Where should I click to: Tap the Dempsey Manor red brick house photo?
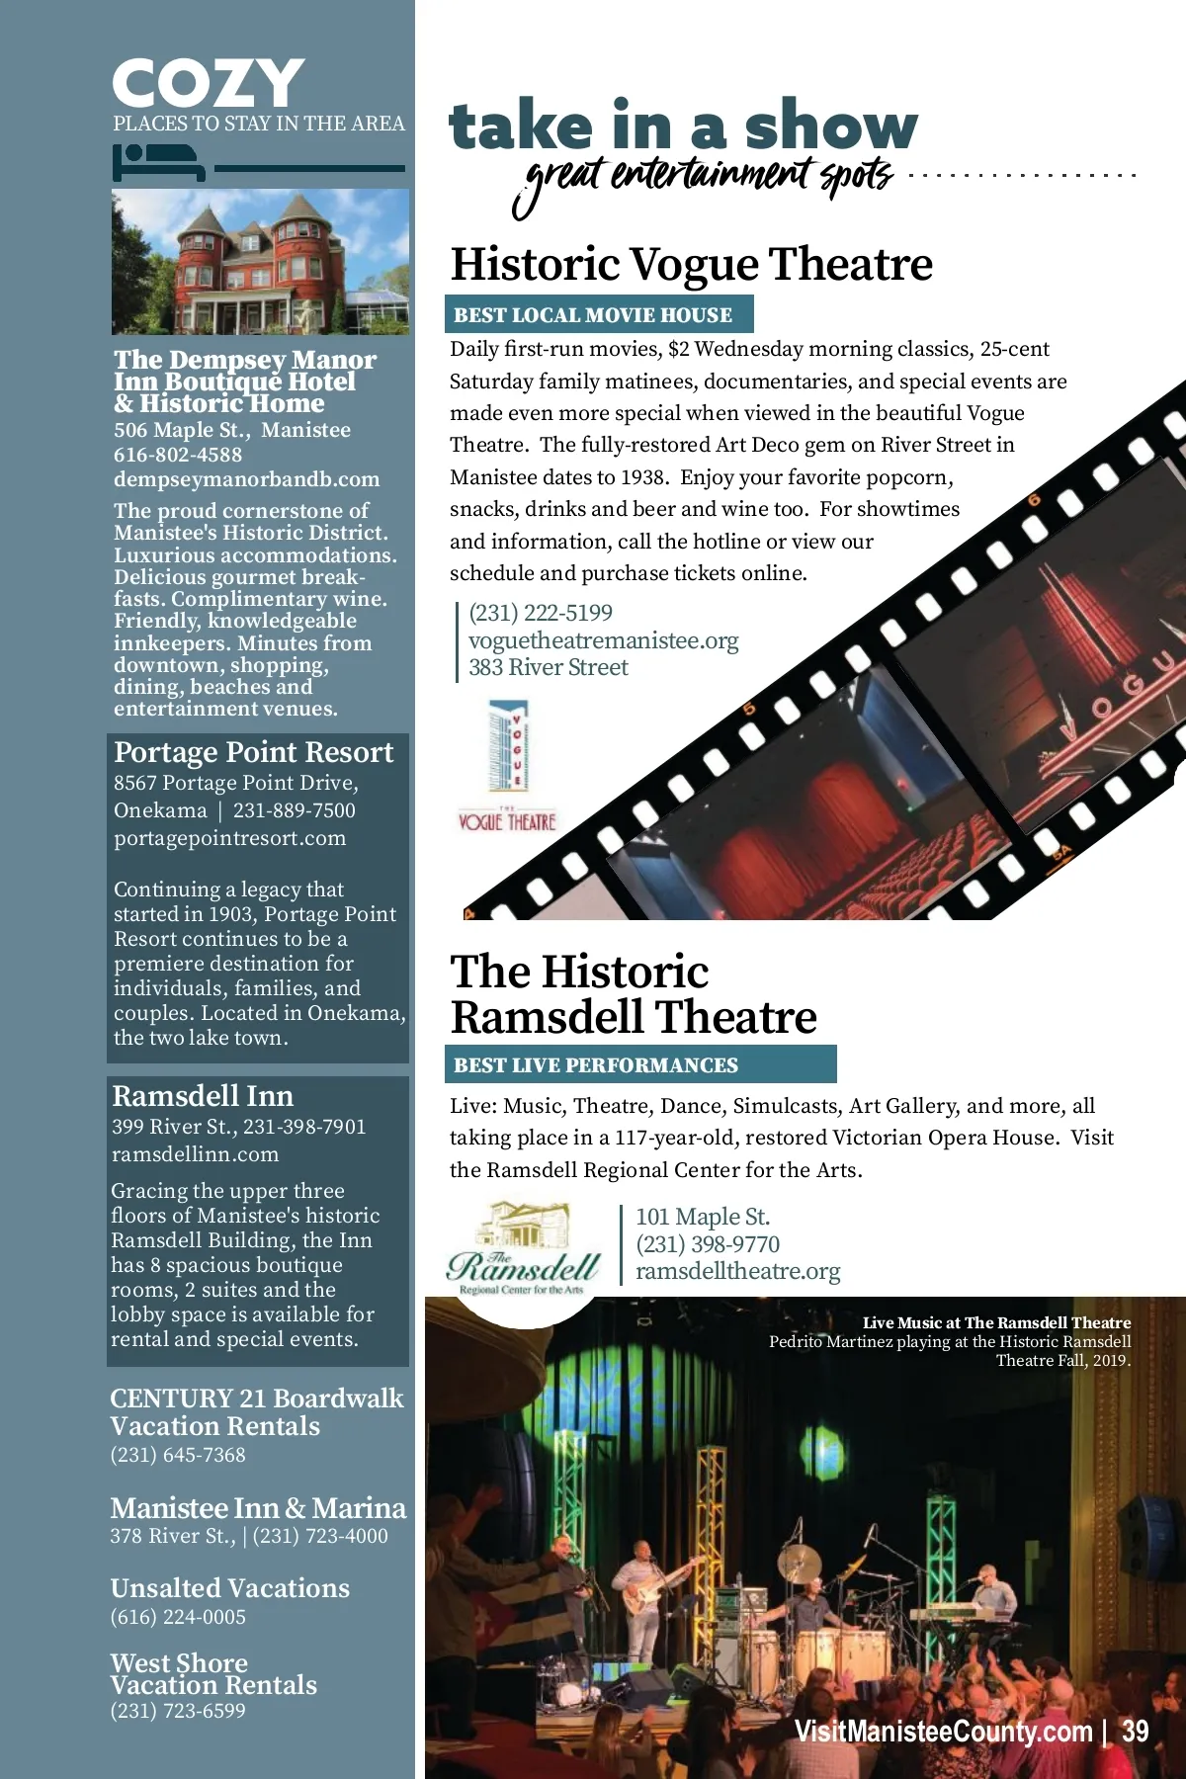260,262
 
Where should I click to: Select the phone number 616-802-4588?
178,455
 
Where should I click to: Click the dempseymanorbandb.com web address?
246,479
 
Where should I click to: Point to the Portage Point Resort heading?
253,752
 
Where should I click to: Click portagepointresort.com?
229,838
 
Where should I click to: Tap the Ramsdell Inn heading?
203,1096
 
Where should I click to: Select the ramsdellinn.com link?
195,1154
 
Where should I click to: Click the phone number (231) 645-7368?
178,1455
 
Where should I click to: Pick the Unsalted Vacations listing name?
229,1588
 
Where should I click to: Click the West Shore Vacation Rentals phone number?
178,1711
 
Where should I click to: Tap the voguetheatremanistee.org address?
603,640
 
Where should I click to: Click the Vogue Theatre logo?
507,766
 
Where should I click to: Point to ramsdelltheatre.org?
737,1271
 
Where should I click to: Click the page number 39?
1136,1732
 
